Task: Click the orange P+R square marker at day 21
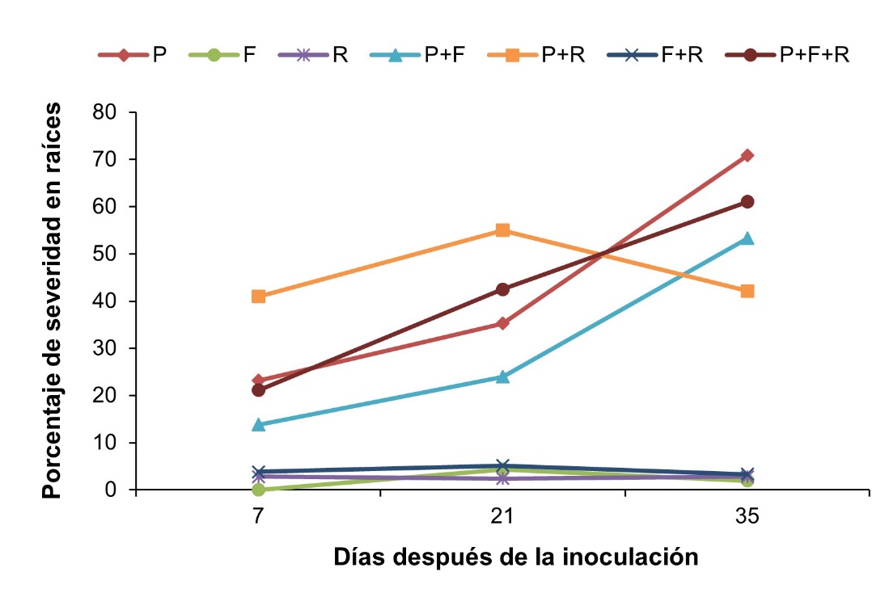coord(502,230)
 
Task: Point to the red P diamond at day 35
coord(747,155)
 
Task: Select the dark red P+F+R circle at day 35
coord(747,201)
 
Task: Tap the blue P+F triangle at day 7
coord(259,424)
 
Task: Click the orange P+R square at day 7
coord(259,297)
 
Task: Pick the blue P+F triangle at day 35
coord(747,238)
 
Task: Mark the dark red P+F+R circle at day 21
coord(502,289)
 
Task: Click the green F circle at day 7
coord(259,489)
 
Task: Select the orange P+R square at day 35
coord(747,291)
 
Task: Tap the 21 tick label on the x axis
coord(502,516)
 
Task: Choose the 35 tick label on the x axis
coord(747,516)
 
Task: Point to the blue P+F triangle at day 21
coord(502,377)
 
